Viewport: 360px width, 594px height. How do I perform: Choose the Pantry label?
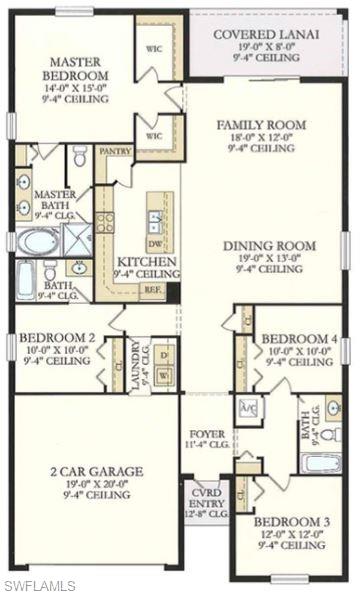pos(117,152)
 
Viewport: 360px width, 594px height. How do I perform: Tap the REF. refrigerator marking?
pos(153,289)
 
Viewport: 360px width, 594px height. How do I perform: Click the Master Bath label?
pos(56,204)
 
